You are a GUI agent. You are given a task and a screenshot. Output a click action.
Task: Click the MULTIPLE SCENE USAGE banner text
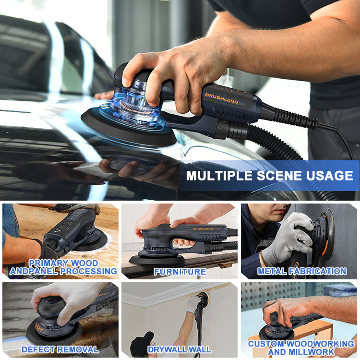(x=269, y=176)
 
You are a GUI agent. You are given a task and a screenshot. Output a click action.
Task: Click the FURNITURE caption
(x=180, y=272)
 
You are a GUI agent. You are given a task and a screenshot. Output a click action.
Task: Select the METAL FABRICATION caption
(x=302, y=271)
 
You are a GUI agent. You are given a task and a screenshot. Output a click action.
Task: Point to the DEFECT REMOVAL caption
(x=60, y=349)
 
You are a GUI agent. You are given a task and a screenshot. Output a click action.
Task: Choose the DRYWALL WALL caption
(x=180, y=349)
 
